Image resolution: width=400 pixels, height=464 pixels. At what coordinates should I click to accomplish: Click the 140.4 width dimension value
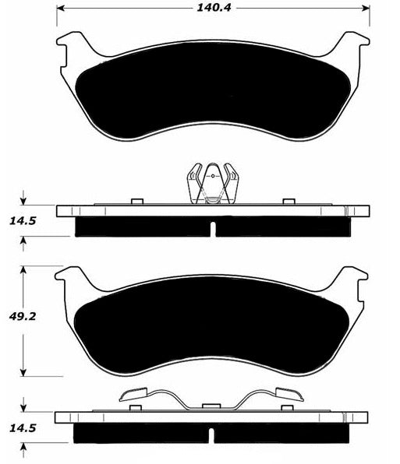tap(214, 8)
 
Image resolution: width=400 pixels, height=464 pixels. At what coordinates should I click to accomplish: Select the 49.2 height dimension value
tap(22, 316)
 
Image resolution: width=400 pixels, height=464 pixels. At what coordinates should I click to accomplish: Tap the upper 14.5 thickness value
tap(23, 221)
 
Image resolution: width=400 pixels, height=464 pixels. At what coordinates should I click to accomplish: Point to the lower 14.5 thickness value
tap(23, 428)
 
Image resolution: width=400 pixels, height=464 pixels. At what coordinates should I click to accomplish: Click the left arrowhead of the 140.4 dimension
tap(61, 8)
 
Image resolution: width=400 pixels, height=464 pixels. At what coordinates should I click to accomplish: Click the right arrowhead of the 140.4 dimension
tap(366, 8)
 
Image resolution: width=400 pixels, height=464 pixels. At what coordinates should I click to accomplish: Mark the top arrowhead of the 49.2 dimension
tap(23, 270)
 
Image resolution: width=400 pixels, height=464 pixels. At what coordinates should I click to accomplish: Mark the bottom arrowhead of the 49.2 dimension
tap(23, 372)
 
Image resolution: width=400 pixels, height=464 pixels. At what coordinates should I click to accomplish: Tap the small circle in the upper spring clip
tap(213, 176)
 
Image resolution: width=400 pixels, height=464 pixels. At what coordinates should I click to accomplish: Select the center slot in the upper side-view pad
tap(213, 230)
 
